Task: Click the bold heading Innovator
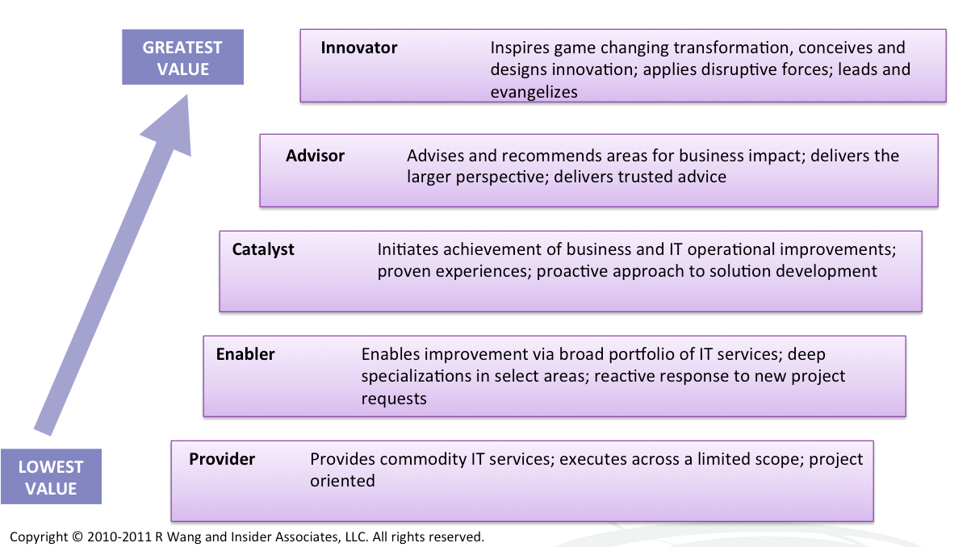pos(359,48)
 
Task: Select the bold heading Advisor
pos(315,156)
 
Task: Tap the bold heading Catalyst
pos(263,249)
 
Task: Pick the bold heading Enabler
pos(245,354)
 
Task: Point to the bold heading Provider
pos(221,459)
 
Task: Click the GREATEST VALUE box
pos(182,57)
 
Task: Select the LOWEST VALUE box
pos(51,477)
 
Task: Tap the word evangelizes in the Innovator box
pos(534,92)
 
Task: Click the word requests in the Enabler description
pos(394,399)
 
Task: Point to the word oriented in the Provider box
pos(342,481)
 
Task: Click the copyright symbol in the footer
pos(77,537)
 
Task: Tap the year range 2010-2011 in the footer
pos(119,537)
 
